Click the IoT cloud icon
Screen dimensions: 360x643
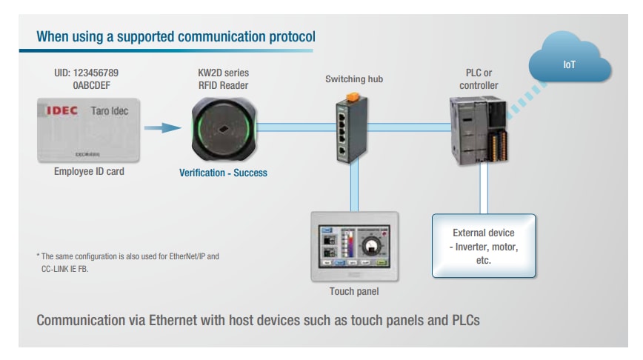click(569, 65)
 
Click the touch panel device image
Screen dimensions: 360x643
click(354, 246)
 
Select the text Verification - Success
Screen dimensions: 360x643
click(223, 173)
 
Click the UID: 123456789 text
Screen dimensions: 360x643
click(87, 73)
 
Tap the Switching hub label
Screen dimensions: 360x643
click(354, 79)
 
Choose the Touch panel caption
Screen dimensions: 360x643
click(353, 291)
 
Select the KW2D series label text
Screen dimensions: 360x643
click(223, 73)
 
